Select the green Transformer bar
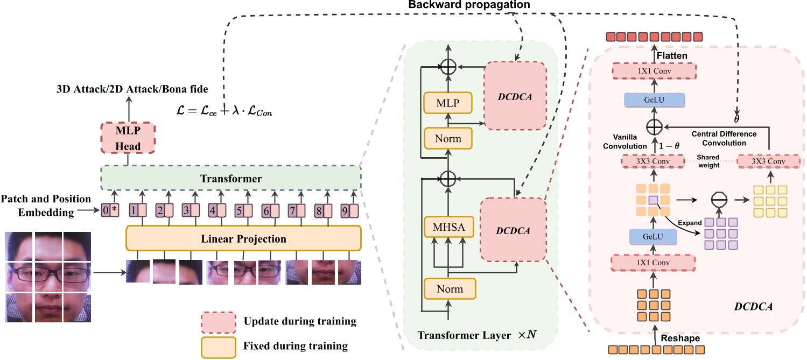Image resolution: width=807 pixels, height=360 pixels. point(230,178)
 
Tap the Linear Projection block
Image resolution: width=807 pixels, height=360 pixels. point(243,238)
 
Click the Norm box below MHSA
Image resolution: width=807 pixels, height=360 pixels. point(449,288)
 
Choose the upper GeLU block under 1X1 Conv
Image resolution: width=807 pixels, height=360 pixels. point(655,100)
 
